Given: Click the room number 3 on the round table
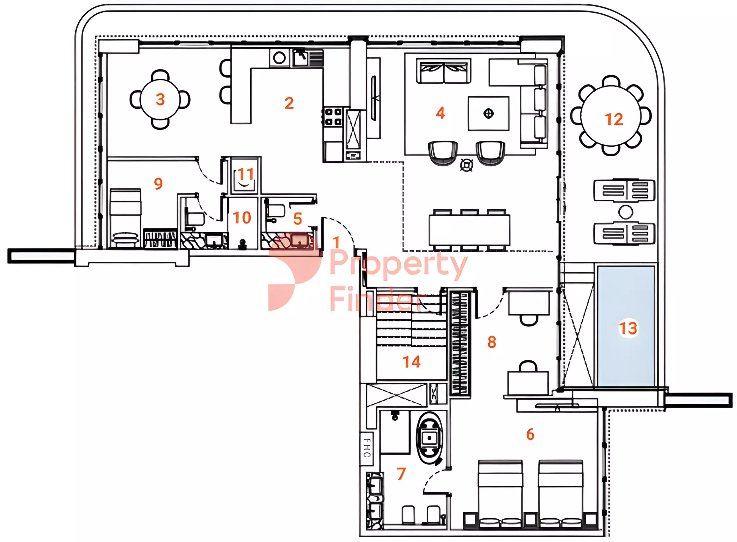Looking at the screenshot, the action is point(160,100).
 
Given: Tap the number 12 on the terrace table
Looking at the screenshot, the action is point(614,119).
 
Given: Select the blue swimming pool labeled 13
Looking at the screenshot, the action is point(626,326).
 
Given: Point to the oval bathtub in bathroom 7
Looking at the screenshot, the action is point(429,438).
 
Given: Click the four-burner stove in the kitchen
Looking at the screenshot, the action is point(333,117).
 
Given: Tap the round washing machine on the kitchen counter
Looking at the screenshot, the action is point(279,58).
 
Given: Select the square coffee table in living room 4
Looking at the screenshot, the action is point(488,114).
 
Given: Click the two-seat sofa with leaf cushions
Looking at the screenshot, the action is point(443,71).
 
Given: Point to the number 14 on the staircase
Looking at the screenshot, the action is point(412,362).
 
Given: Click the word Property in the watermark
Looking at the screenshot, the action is point(398,264).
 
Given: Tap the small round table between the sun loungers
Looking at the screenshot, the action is point(625,212).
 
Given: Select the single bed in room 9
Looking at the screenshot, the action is point(125,218).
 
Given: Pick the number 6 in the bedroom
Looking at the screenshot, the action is point(530,434).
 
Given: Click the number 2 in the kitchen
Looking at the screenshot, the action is point(289,103).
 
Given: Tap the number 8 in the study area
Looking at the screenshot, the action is point(491,342).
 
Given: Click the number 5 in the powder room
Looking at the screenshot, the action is point(298,219).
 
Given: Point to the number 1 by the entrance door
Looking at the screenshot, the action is point(336,242).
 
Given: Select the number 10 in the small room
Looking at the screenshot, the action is point(242,218).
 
